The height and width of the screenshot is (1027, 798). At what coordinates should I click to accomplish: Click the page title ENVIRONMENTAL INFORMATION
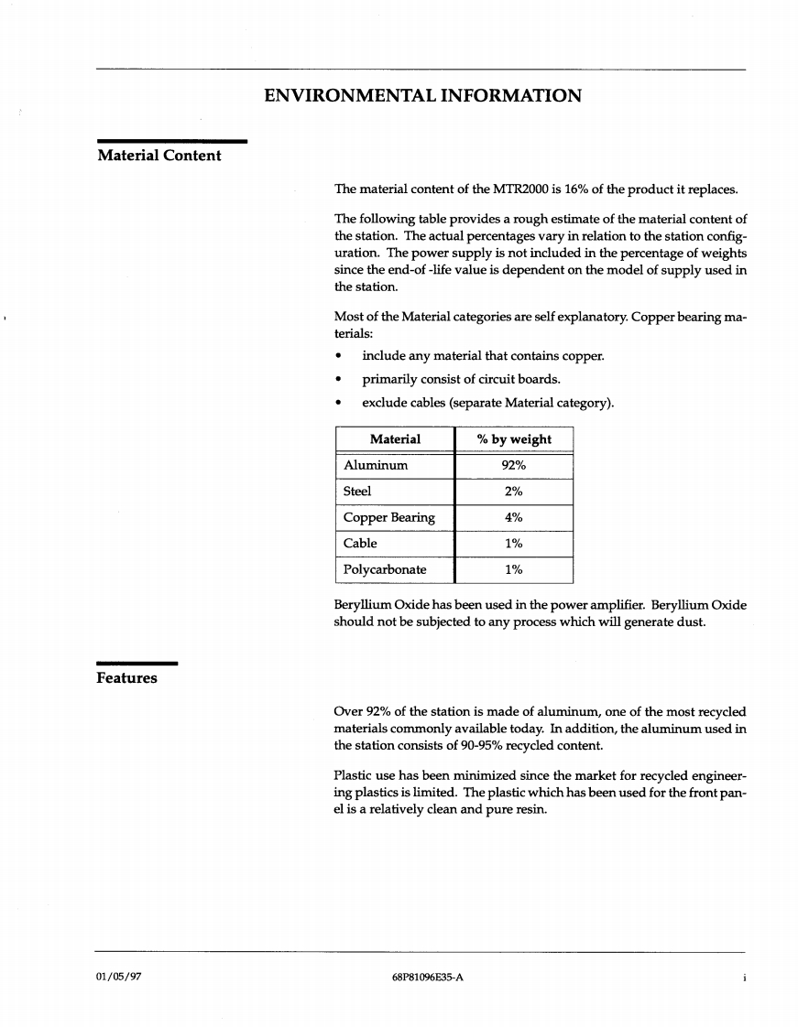[x=421, y=95]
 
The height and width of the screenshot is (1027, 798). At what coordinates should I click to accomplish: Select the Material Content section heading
[x=159, y=156]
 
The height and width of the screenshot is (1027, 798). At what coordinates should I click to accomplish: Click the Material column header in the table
[x=395, y=439]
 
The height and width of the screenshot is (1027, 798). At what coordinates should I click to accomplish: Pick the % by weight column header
[x=514, y=439]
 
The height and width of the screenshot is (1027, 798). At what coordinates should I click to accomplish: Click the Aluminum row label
[x=376, y=465]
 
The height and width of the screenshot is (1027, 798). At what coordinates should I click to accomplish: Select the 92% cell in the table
[x=514, y=465]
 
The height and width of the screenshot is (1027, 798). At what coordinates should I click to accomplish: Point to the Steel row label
[x=357, y=492]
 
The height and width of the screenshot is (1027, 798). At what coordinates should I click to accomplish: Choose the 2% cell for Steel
[x=514, y=492]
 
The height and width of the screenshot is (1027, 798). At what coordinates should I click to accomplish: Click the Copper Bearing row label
[x=388, y=517]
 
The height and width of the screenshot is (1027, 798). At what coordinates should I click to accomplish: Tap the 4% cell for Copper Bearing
[x=514, y=517]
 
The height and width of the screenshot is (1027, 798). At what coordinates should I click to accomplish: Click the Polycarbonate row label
[x=385, y=569]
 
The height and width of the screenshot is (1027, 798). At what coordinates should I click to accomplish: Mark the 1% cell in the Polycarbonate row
[x=514, y=569]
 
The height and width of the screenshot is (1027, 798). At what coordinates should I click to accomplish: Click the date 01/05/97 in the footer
[x=118, y=977]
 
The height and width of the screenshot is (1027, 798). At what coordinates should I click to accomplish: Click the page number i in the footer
[x=743, y=977]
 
